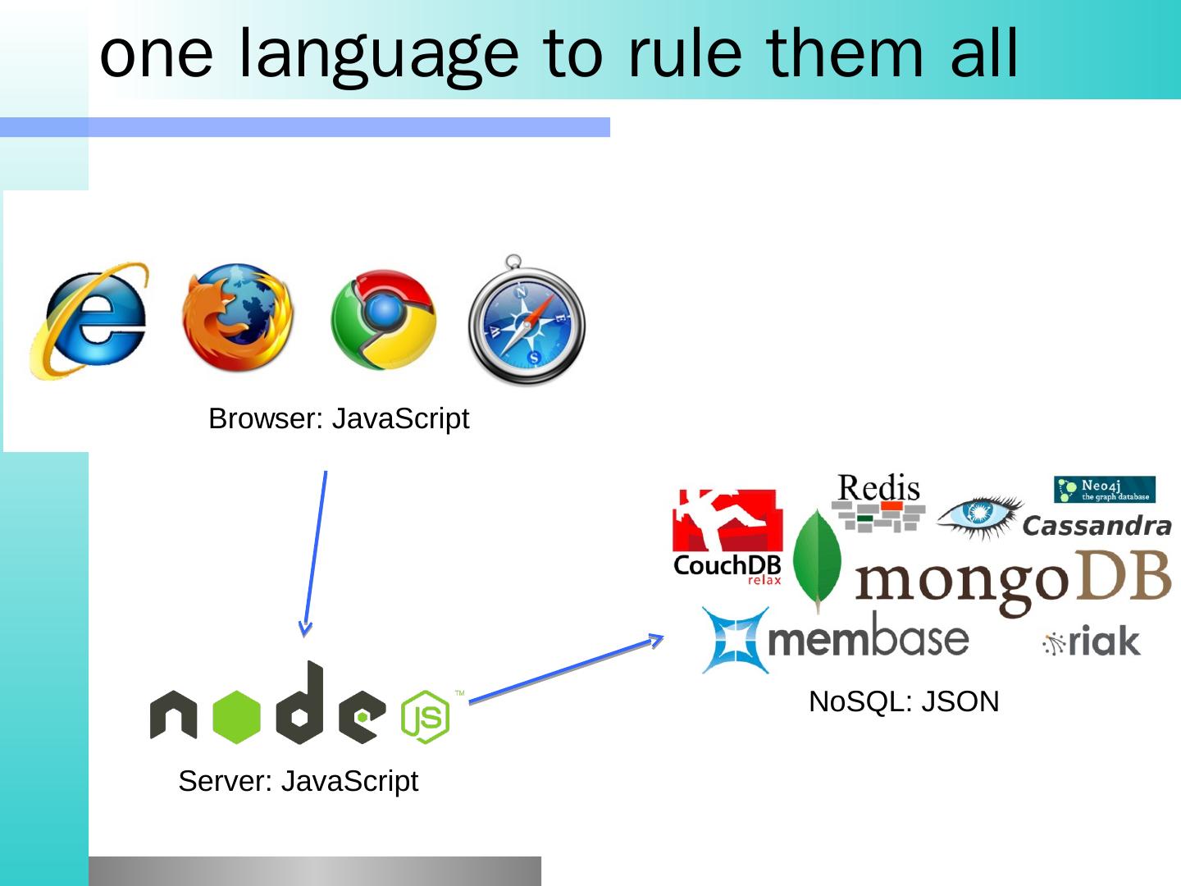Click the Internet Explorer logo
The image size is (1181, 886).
pos(90,320)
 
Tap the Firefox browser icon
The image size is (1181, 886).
pos(237,318)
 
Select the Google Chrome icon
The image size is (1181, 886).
pos(383,320)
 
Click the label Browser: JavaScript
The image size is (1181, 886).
pos(339,419)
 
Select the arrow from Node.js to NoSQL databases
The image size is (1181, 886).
pos(566,669)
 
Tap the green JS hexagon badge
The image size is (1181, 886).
pos(426,717)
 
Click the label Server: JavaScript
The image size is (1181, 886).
pos(298,781)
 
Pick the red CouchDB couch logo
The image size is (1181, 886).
pos(727,520)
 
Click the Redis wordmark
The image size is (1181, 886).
pos(878,489)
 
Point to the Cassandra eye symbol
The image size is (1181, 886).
pos(979,514)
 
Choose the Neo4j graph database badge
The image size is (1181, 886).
pos(1104,490)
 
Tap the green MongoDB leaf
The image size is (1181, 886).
pos(817,559)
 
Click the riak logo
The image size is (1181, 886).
pos(1092,642)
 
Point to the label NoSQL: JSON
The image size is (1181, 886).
pos(904,702)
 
